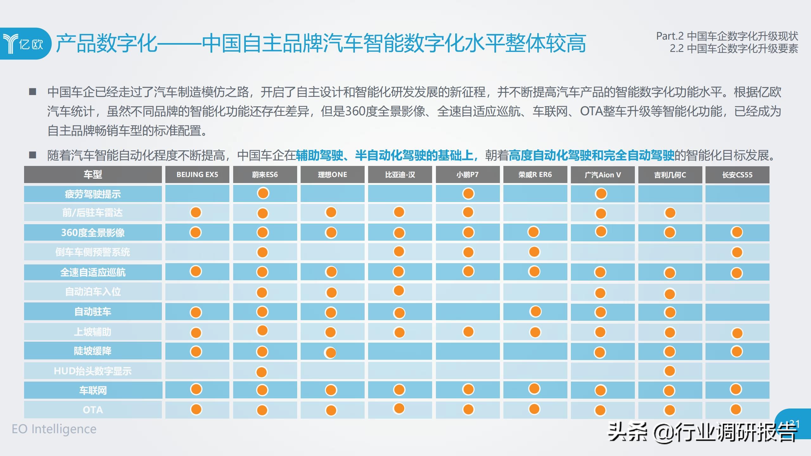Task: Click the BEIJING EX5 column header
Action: [x=197, y=175]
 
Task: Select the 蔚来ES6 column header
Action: [x=265, y=175]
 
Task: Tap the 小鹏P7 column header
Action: [x=468, y=175]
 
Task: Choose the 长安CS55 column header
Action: [x=737, y=175]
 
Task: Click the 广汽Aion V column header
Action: [x=603, y=175]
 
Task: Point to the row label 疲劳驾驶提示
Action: [x=93, y=194]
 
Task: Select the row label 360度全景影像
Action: [x=93, y=233]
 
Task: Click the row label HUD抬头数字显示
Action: [x=93, y=371]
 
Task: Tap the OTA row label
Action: [x=93, y=410]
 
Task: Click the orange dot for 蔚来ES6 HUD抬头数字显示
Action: [x=262, y=372]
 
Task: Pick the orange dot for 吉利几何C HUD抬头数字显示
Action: [x=670, y=371]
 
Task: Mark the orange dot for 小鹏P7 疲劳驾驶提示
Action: [x=468, y=193]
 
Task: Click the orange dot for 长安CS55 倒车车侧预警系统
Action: [x=737, y=252]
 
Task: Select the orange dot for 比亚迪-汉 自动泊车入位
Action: [x=399, y=290]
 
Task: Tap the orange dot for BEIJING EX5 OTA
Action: [x=196, y=409]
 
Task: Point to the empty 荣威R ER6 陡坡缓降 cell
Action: [x=535, y=351]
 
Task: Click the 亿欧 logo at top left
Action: [x=25, y=43]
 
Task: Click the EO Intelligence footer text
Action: [x=54, y=429]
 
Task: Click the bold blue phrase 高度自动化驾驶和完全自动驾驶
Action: [x=591, y=155]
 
